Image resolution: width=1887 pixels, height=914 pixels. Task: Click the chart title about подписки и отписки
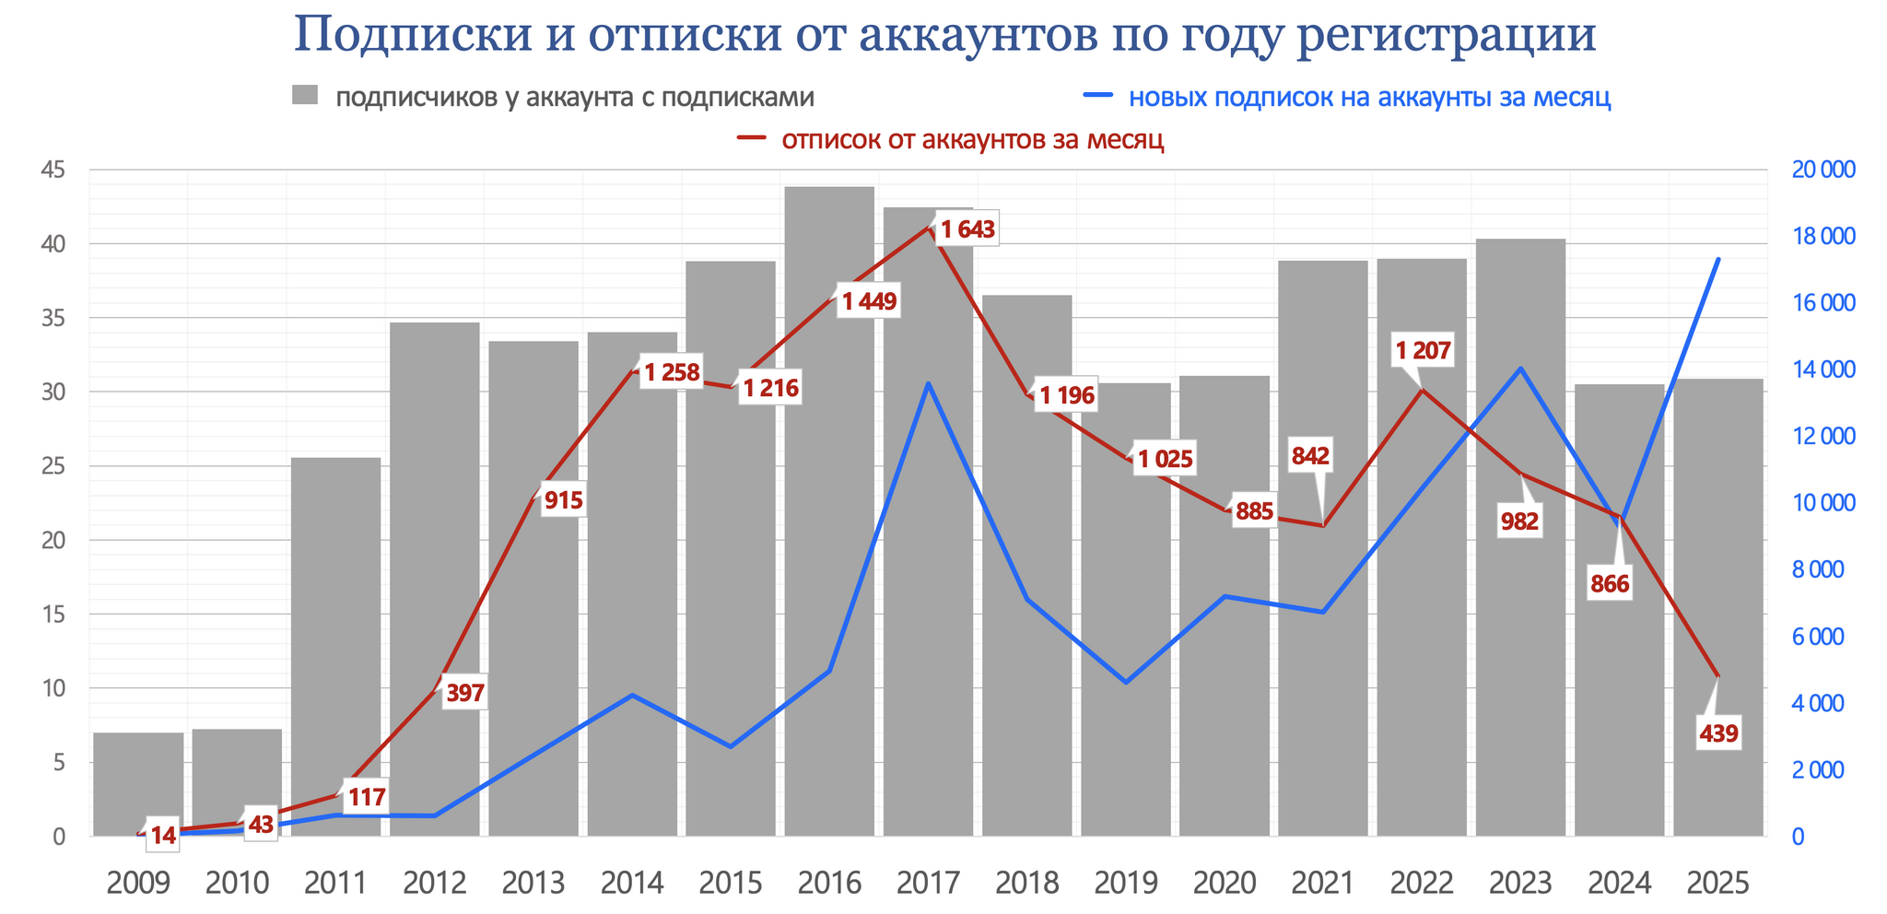944,35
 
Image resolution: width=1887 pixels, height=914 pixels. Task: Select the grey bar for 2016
829,516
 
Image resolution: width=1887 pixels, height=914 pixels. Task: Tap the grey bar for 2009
138,783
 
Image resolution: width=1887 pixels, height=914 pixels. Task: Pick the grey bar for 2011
335,645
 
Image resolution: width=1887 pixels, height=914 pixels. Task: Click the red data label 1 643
967,229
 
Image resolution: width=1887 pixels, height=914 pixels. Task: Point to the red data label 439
1718,734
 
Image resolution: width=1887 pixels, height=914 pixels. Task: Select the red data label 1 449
869,301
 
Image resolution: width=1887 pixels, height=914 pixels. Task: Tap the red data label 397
464,694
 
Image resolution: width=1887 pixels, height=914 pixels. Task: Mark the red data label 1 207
1423,351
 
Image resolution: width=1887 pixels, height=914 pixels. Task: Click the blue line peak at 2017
929,383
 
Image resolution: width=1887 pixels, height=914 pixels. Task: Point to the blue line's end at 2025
1718,260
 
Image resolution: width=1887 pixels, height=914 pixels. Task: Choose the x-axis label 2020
1225,884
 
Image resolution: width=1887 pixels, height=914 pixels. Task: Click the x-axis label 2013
533,884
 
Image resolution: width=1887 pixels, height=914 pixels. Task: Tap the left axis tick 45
53,170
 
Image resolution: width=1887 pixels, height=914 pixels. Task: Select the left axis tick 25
53,466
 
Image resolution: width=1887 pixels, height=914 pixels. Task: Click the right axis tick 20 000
1823,170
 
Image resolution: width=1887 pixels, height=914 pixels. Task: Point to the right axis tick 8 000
1823,570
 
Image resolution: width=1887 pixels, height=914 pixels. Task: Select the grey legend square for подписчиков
305,96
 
